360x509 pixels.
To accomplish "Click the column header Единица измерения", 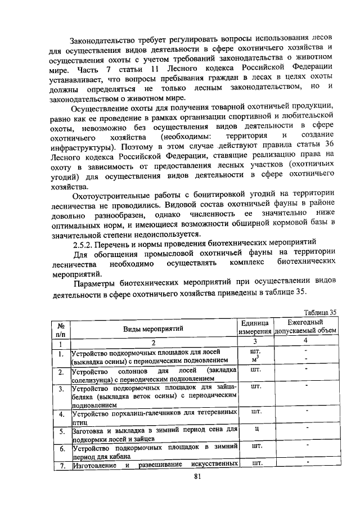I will pos(256,327).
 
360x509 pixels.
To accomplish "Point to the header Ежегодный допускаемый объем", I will pos(305,327).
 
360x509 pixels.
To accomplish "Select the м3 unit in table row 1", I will pos(256,359).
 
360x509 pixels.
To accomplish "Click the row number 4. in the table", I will pos(61,415).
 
